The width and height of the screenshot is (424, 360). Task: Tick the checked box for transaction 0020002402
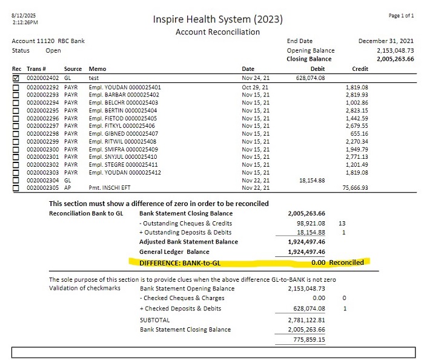(x=16, y=78)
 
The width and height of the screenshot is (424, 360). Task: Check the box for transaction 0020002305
(x=16, y=188)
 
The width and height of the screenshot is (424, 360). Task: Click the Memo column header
(x=97, y=69)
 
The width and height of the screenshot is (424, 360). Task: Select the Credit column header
(x=360, y=69)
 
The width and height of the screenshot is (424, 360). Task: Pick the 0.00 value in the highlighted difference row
(x=318, y=262)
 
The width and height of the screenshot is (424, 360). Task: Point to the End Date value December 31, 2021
(x=386, y=41)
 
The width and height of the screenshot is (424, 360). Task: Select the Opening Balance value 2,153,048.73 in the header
(x=395, y=50)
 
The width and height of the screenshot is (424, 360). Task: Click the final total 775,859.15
(x=308, y=340)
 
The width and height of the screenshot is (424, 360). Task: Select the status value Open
(x=53, y=50)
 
